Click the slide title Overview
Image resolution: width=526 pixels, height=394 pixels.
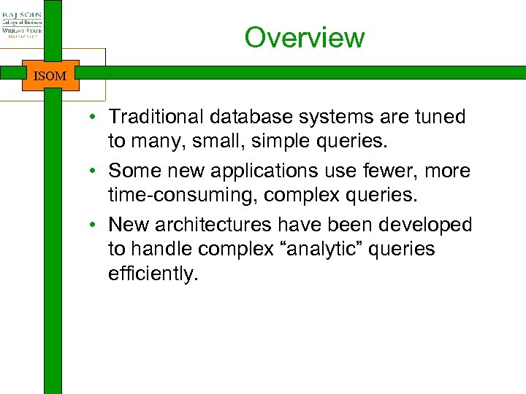tap(304, 37)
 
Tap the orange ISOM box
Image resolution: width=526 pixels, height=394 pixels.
tap(50, 75)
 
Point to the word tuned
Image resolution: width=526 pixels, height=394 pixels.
tap(438, 117)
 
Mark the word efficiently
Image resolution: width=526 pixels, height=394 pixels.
tap(153, 274)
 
